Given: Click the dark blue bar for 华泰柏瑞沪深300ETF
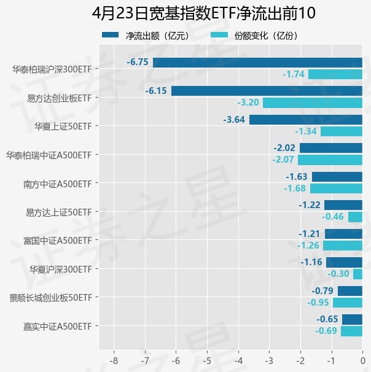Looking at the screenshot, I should pos(257,62).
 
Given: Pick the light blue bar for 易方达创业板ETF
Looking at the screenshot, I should pos(312,103).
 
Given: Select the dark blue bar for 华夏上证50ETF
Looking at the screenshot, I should pos(305,120).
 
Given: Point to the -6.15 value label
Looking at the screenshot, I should pos(156,91).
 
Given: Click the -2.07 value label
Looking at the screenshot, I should pos(284,160).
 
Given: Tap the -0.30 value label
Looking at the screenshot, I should pos(338,274).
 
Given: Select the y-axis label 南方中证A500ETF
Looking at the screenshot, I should pos(57,183).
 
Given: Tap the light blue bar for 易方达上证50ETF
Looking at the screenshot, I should pos(355,217).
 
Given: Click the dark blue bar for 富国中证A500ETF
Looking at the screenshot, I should pos(343,234).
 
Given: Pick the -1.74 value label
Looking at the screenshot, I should pos(294,74).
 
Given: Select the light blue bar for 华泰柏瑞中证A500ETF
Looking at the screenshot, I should pos(330,160).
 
